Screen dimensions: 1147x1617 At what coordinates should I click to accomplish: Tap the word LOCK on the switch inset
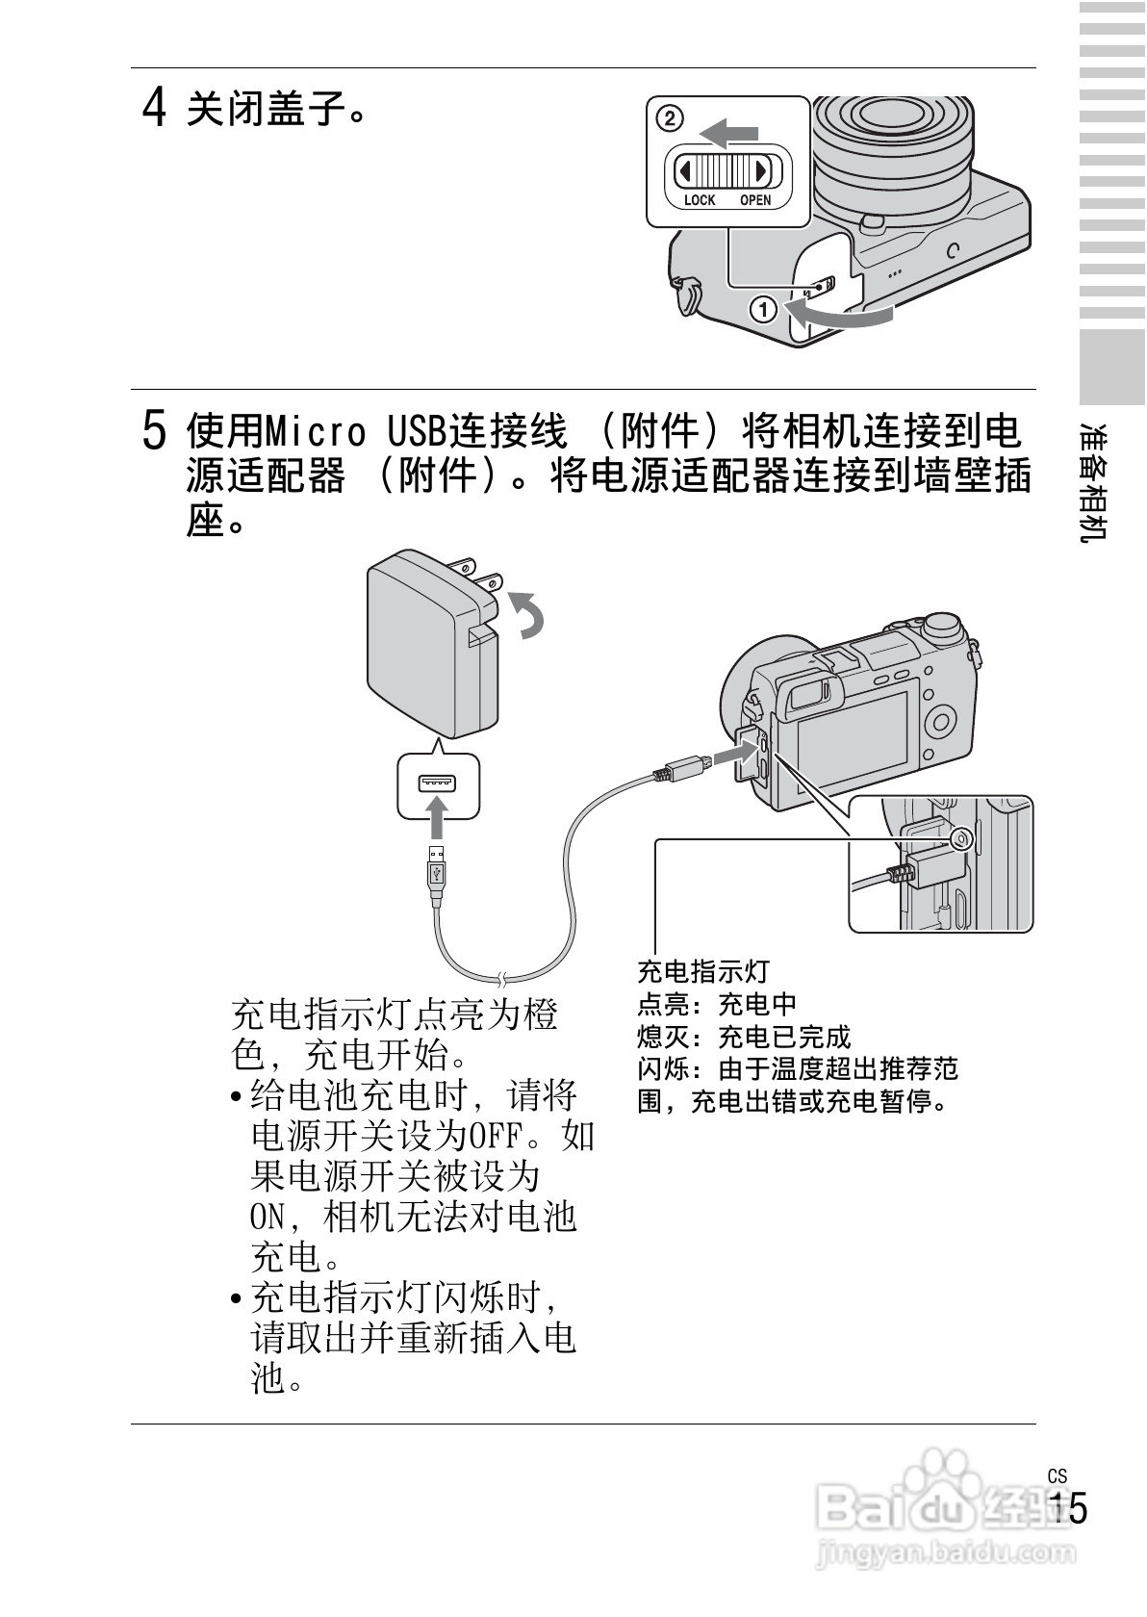[700, 200]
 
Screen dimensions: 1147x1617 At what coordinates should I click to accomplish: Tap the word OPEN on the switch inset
[755, 200]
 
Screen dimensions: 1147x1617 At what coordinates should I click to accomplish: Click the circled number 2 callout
[670, 119]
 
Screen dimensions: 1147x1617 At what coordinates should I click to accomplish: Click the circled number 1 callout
[763, 310]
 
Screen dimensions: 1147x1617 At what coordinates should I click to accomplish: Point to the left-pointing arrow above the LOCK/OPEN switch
[728, 133]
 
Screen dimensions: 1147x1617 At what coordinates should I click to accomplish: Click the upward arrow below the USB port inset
[437, 818]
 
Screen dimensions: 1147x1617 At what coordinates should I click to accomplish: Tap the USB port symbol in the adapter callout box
[437, 783]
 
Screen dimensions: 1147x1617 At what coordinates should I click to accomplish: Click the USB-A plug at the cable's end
[438, 872]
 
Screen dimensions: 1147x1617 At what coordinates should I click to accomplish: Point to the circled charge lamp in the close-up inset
[959, 839]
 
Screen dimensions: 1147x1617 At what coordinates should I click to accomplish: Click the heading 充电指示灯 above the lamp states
[703, 971]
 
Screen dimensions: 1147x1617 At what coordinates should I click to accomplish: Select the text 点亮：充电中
[717, 1004]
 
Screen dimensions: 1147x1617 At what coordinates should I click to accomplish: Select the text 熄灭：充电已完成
[744, 1037]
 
